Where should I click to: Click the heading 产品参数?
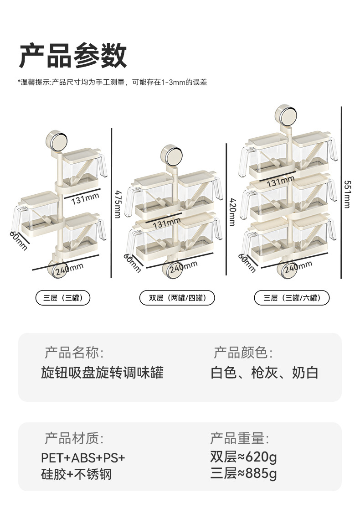tap(73, 56)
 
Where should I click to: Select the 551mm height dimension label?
tap(347, 194)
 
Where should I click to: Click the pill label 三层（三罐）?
tap(63, 298)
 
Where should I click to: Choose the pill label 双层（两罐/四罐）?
tap(177, 298)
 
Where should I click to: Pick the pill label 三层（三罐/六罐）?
tap(292, 298)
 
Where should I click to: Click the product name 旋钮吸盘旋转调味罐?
tap(102, 373)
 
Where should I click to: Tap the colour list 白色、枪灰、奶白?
tap(264, 373)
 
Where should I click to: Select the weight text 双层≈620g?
tap(244, 457)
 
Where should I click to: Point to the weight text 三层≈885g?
tap(244, 473)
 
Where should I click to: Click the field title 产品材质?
tap(74, 439)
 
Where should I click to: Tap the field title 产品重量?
tap(240, 439)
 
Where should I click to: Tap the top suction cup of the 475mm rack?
tap(57, 140)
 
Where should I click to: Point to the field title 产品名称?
tap(74, 353)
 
